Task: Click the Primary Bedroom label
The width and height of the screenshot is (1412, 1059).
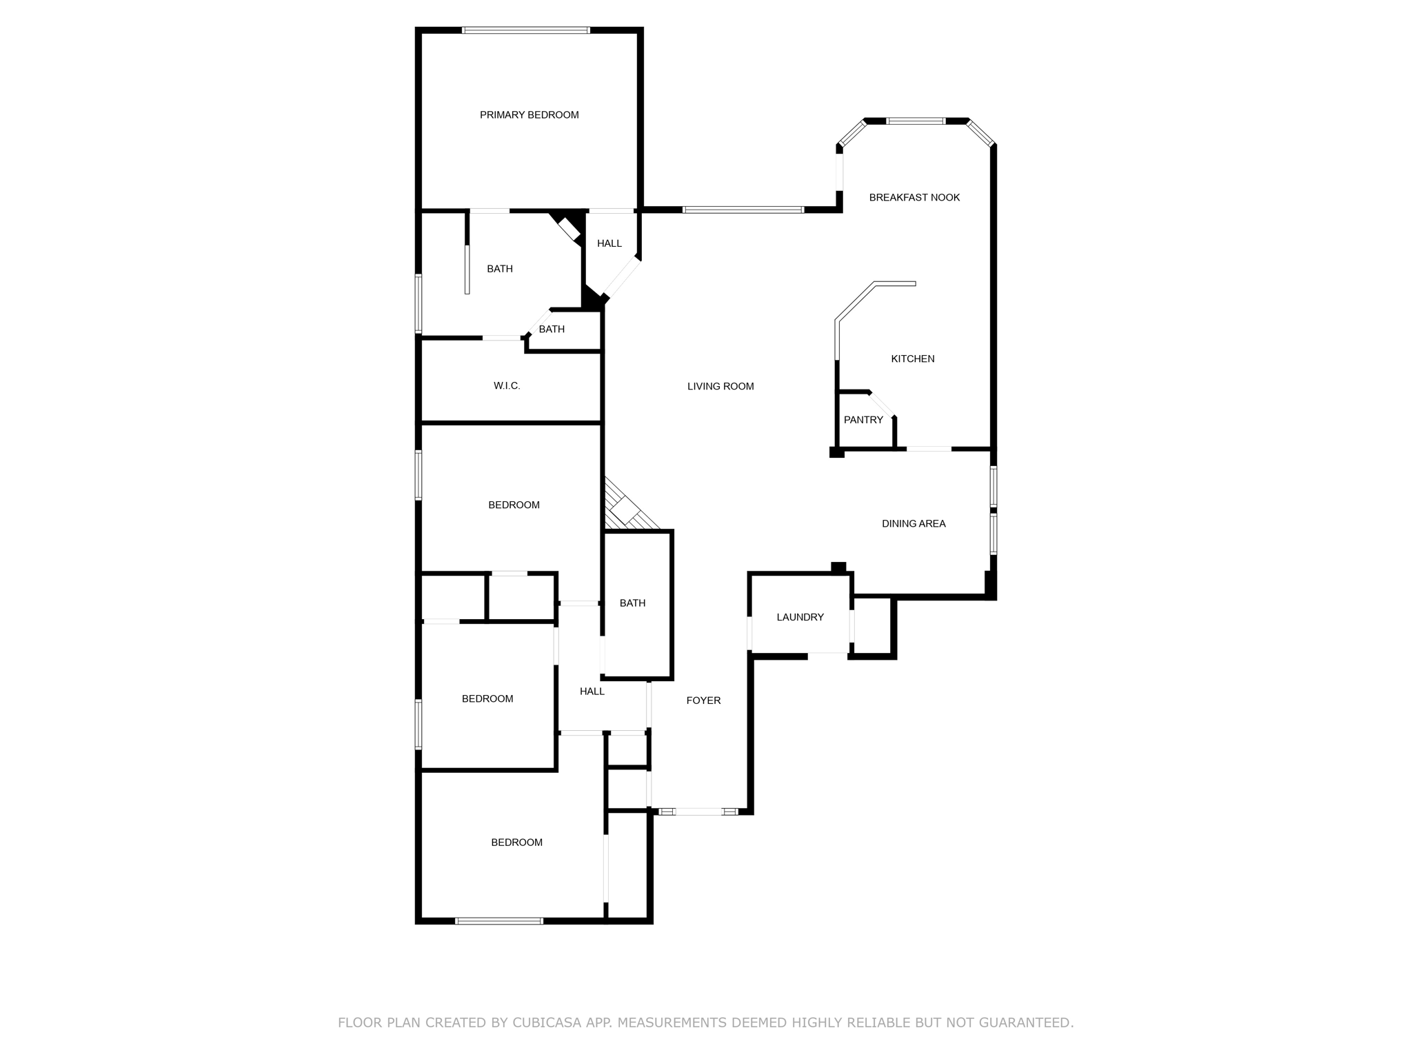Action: (x=529, y=115)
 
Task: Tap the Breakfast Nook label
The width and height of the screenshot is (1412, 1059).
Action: (x=914, y=198)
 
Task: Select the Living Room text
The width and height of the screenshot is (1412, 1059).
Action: (x=720, y=387)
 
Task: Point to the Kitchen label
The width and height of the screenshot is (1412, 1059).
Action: (x=912, y=359)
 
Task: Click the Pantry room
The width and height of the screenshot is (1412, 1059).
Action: (x=863, y=420)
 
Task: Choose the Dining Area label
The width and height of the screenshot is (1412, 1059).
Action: (x=914, y=524)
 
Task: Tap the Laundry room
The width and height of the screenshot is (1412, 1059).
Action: (x=800, y=618)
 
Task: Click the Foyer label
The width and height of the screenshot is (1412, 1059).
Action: (x=703, y=700)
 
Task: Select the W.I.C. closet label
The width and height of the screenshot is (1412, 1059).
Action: (x=507, y=386)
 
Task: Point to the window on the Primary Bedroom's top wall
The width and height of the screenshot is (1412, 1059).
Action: (x=525, y=30)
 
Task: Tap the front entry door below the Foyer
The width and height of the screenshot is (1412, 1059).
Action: (x=698, y=812)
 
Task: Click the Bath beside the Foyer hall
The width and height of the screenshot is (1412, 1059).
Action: (x=632, y=603)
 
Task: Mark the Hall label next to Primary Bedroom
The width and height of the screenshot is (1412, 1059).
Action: (x=609, y=243)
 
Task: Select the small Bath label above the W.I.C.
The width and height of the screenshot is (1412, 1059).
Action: (x=552, y=330)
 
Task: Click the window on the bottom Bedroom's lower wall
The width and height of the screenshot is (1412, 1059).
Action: (x=499, y=921)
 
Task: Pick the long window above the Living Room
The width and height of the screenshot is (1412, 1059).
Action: (x=743, y=210)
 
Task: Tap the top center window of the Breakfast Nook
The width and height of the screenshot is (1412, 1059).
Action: (x=916, y=121)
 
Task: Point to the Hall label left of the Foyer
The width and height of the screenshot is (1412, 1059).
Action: (x=592, y=692)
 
